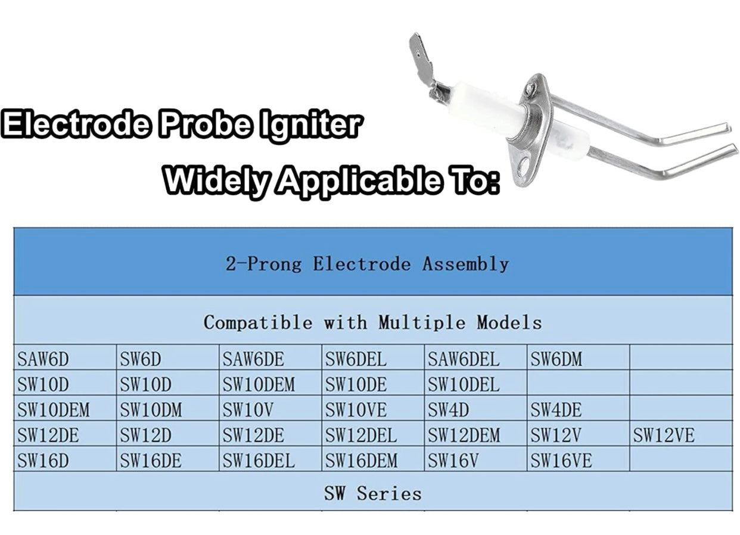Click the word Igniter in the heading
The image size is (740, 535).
pos(310,126)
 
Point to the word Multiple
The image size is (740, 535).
pos(422,322)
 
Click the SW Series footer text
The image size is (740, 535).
pos(373,494)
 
